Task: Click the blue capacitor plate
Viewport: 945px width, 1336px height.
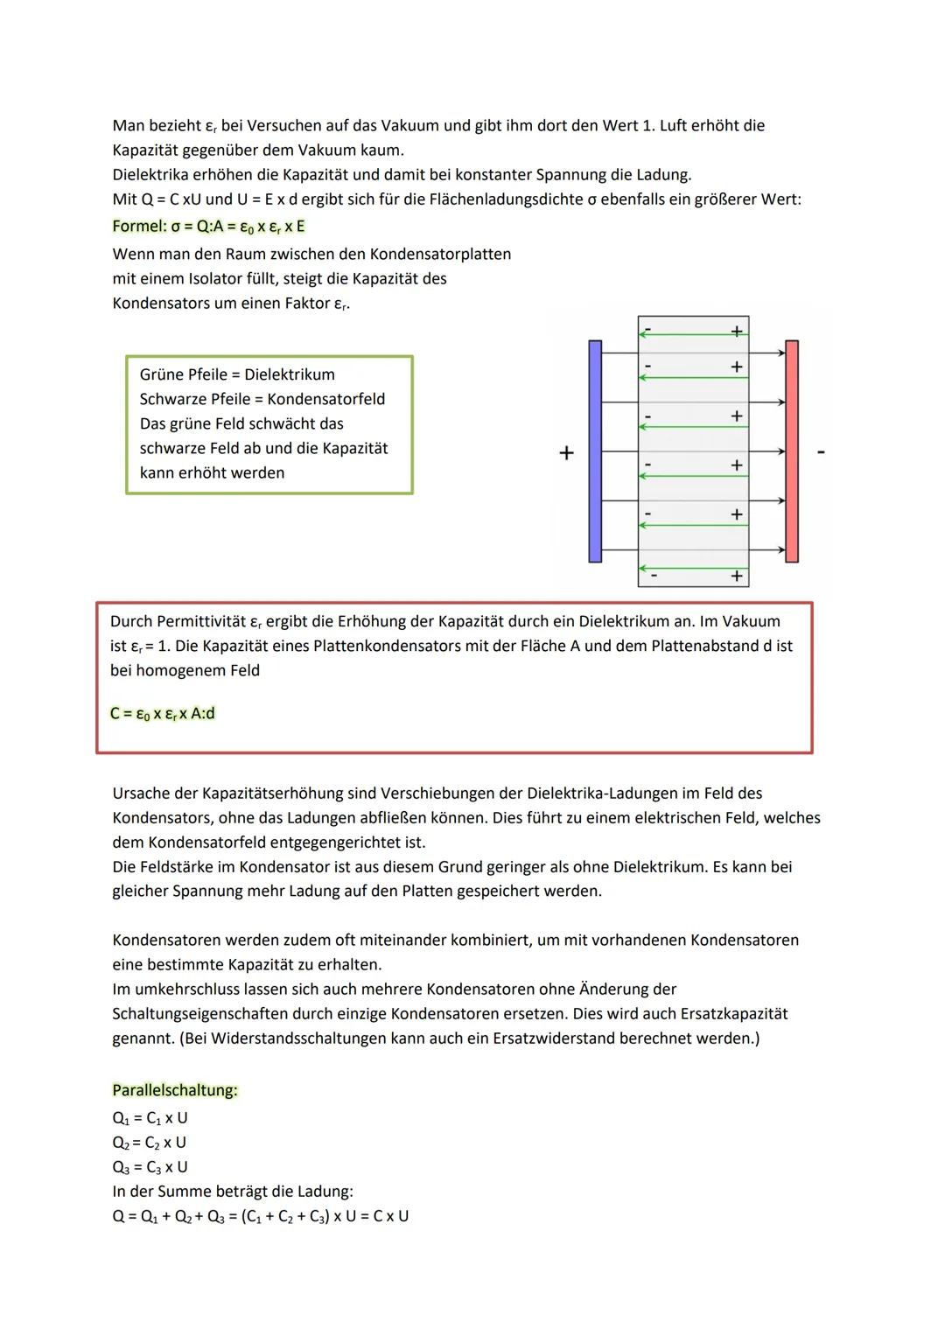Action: point(595,451)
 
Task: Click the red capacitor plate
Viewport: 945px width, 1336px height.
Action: point(792,451)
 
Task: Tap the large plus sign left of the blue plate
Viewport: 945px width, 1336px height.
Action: point(566,452)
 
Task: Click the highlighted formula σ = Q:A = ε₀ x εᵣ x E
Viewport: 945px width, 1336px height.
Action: point(208,227)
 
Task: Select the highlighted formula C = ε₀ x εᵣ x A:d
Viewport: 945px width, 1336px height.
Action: point(163,713)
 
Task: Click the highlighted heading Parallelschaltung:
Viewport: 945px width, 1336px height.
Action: point(175,1090)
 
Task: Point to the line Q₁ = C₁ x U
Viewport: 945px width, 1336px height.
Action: point(150,1118)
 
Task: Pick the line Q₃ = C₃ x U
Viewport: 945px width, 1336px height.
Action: point(150,1167)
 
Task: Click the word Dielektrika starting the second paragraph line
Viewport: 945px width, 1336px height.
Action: point(150,174)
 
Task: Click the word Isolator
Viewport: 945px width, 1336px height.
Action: point(218,279)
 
